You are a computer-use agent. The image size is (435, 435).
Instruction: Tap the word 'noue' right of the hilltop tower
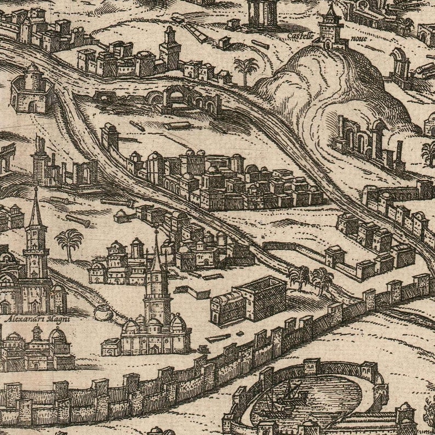(x=358, y=39)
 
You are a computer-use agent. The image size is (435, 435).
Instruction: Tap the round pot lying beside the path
(x=102, y=313)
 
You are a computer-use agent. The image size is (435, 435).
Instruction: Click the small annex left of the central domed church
(x=111, y=346)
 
